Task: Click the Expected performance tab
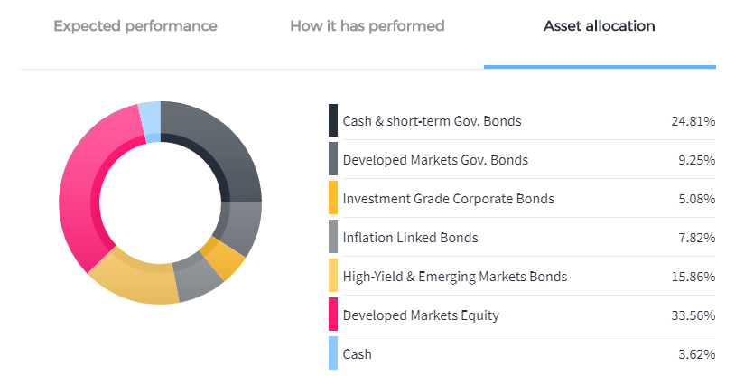point(135,26)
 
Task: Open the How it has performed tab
point(367,26)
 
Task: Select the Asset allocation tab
point(599,26)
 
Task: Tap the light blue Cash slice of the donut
point(151,121)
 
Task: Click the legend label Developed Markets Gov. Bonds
point(435,160)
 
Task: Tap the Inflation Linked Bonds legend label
point(410,238)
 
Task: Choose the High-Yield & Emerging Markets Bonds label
point(455,277)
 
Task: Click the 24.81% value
point(693,121)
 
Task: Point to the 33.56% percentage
point(693,315)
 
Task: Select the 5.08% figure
point(696,199)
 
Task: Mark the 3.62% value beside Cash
point(696,354)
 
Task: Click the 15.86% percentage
point(693,277)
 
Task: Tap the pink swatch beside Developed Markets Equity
point(333,315)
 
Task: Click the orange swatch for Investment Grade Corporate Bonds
point(333,197)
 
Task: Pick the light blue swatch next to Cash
point(333,353)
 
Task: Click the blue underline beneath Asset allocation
point(600,67)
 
